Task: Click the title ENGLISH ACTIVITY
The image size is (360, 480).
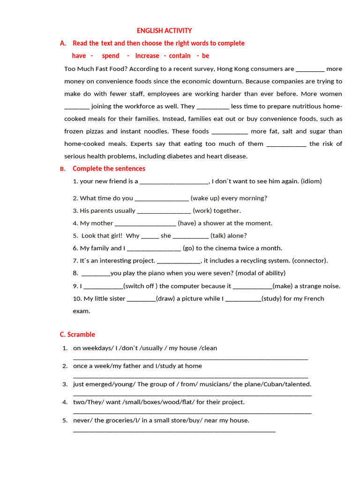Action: [x=164, y=31]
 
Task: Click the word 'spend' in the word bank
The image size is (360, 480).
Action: [x=111, y=56]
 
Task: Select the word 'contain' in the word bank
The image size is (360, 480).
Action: [x=180, y=56]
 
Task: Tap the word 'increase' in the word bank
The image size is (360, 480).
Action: [x=147, y=56]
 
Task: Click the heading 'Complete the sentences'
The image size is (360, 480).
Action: [x=109, y=169]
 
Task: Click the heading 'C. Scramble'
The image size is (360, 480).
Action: [x=77, y=335]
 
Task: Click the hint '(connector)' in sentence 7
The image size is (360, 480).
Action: [x=310, y=261]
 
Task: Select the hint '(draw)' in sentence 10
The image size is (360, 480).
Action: [x=165, y=299]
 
